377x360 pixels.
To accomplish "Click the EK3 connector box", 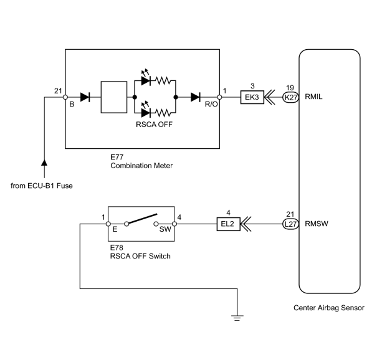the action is click(x=252, y=97).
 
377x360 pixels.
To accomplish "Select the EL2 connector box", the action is click(x=229, y=224).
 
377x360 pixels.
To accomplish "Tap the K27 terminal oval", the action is click(x=290, y=97).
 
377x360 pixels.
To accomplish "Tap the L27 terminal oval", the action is click(x=290, y=224).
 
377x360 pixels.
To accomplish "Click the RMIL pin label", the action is click(x=313, y=97).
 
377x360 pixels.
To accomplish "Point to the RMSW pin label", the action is click(x=317, y=224).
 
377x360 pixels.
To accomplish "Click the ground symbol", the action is click(x=237, y=318).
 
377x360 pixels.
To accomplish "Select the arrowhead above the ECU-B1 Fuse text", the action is click(x=44, y=163).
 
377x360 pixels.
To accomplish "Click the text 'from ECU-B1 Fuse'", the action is click(x=42, y=186).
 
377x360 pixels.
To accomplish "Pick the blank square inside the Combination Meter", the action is click(x=114, y=97).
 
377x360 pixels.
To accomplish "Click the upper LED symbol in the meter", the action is click(x=146, y=78).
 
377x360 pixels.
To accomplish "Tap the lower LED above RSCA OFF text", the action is click(x=146, y=110).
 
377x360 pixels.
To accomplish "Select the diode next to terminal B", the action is click(x=85, y=97).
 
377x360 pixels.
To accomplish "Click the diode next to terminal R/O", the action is click(x=196, y=97).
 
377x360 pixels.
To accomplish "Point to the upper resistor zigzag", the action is click(x=163, y=81).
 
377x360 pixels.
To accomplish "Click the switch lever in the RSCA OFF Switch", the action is click(x=142, y=219).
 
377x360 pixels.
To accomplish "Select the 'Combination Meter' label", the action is click(x=141, y=166).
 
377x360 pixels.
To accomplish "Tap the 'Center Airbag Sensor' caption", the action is click(x=329, y=308).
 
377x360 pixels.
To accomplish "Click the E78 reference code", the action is click(x=117, y=247).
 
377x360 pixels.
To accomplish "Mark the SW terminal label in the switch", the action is click(x=165, y=229).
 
